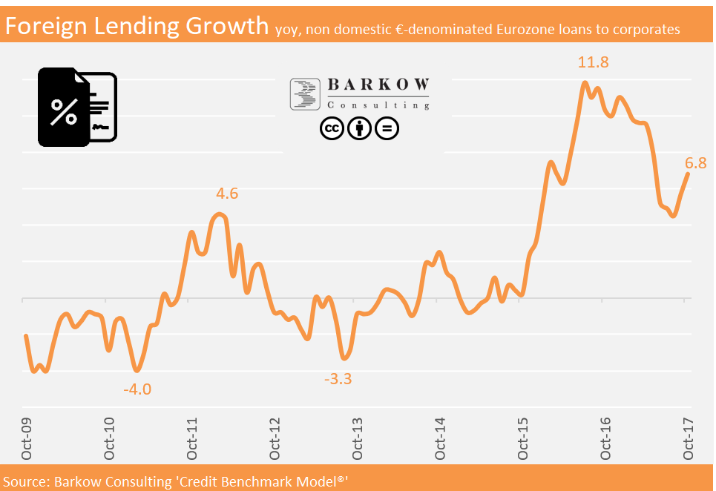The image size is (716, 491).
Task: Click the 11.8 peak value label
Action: pyautogui.click(x=594, y=62)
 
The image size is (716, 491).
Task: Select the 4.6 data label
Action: pyautogui.click(x=227, y=194)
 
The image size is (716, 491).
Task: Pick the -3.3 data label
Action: pyautogui.click(x=338, y=379)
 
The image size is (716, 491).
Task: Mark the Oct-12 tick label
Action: pyautogui.click(x=275, y=439)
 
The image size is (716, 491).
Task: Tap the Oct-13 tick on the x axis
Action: pyautogui.click(x=357, y=439)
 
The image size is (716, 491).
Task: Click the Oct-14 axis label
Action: pyautogui.click(x=440, y=439)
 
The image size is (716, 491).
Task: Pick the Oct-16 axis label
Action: pyautogui.click(x=605, y=439)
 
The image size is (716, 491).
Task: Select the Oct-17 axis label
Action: pyautogui.click(x=688, y=439)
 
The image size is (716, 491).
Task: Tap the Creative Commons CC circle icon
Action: pyautogui.click(x=332, y=128)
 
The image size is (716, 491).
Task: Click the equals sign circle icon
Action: pyautogui.click(x=387, y=128)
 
